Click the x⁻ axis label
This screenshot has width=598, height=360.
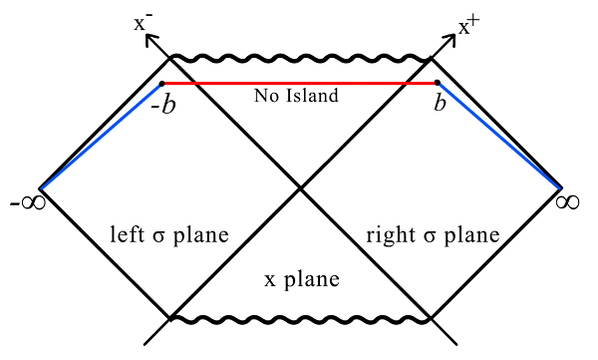[x=143, y=20]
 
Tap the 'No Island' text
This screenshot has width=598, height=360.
[x=297, y=97]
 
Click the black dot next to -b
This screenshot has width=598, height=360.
[x=162, y=84]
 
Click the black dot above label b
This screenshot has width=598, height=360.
[x=437, y=84]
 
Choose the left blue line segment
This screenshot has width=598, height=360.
[x=100, y=137]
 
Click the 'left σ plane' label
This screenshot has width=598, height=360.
[x=169, y=236]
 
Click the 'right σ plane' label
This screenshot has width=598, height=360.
[x=432, y=236]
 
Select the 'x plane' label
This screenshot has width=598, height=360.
[x=301, y=280]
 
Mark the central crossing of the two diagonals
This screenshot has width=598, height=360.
[x=299, y=187]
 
